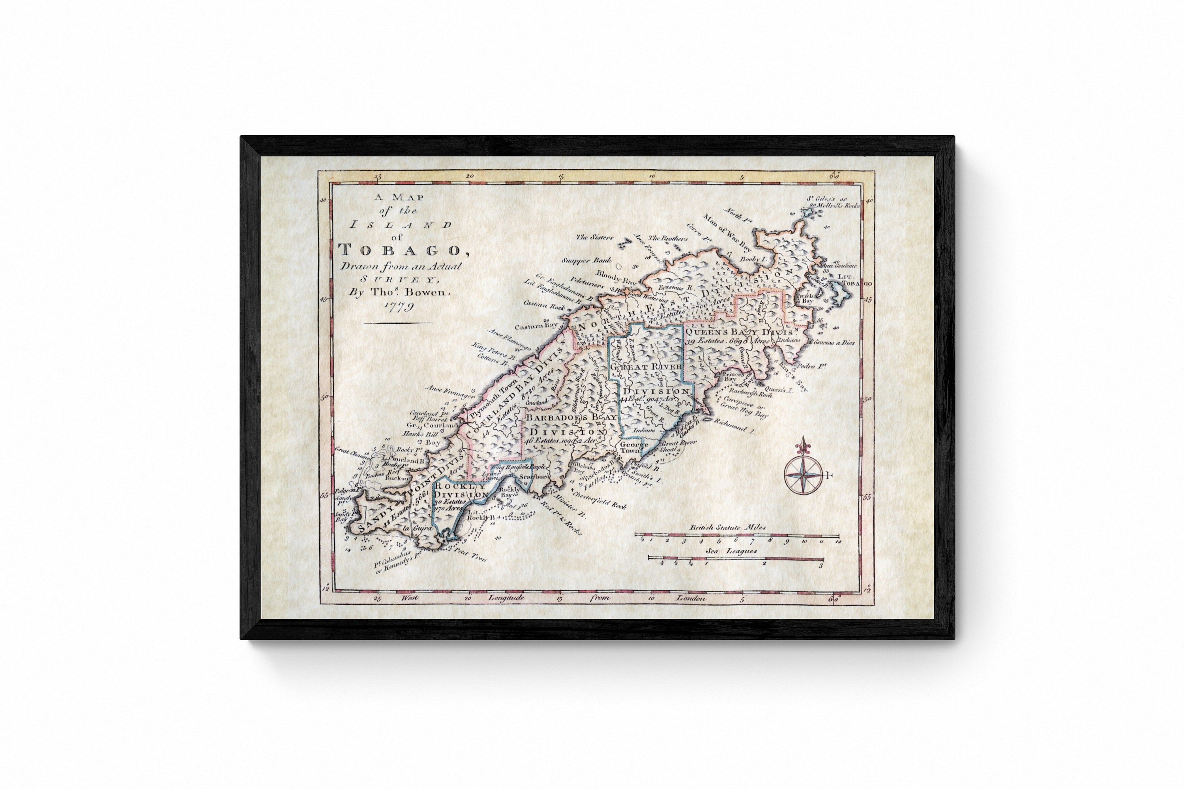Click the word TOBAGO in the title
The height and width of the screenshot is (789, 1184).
point(399,250)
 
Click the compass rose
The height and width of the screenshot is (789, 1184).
point(803,475)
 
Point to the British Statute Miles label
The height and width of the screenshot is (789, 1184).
point(727,527)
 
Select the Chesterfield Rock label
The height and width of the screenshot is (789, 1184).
point(599,500)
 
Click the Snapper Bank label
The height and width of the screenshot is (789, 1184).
point(586,261)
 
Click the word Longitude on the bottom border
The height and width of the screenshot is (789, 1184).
point(506,598)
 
